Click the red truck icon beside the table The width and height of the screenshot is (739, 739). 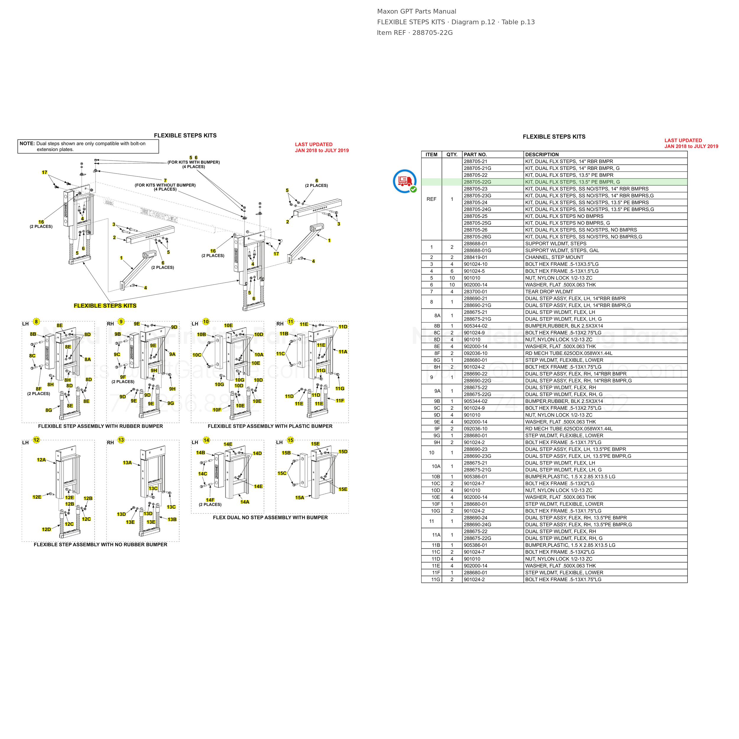pyautogui.click(x=404, y=181)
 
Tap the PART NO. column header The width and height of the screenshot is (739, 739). pyautogui.click(x=475, y=155)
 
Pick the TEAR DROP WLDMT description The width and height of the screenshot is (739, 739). pyautogui.click(x=549, y=291)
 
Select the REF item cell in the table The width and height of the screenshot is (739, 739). pyautogui.click(x=432, y=199)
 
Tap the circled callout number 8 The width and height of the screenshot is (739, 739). pyautogui.click(x=36, y=321)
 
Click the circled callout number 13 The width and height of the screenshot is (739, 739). pyautogui.click(x=121, y=440)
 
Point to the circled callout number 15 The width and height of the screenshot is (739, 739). pyautogui.click(x=290, y=440)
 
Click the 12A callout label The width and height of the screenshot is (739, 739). pyautogui.click(x=41, y=460)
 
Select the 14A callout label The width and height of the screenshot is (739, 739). pyautogui.click(x=245, y=502)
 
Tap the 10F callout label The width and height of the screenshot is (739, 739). pyautogui.click(x=217, y=410)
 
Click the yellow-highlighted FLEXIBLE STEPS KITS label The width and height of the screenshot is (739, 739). pyautogui.click(x=105, y=306)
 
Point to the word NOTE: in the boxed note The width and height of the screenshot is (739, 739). pyautogui.click(x=27, y=143)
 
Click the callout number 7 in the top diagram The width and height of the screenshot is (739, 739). pyautogui.click(x=165, y=181)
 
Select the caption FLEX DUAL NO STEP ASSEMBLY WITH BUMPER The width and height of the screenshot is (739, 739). pyautogui.click(x=270, y=518)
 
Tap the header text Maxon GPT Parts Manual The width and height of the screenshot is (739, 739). pyautogui.click(x=417, y=12)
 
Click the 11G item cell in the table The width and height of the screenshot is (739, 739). pyautogui.click(x=436, y=579)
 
